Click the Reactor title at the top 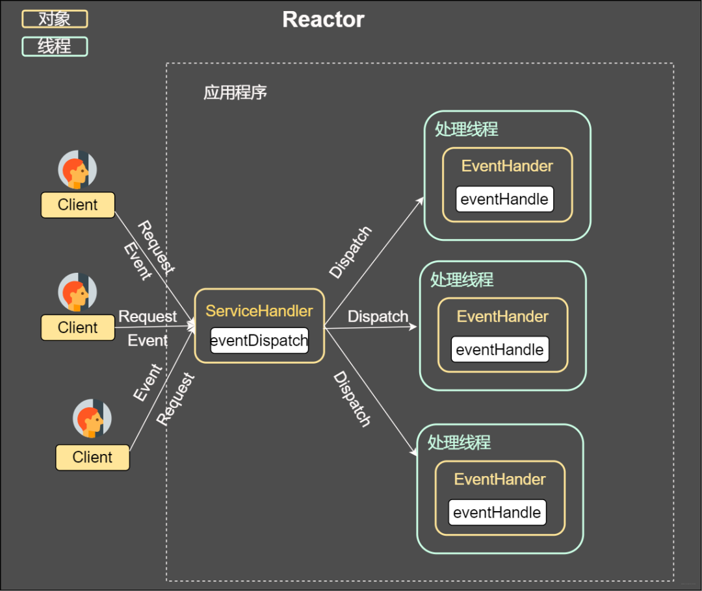[323, 19]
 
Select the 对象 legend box [55, 19]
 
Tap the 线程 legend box [55, 46]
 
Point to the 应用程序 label [235, 92]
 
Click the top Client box [78, 205]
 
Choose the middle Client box [78, 327]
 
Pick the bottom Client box [92, 457]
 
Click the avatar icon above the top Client [77, 170]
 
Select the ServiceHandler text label [259, 310]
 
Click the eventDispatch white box [259, 340]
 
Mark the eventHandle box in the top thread [504, 199]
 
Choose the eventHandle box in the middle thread [500, 349]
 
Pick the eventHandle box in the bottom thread [497, 512]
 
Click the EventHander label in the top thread [507, 166]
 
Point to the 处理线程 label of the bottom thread [459, 442]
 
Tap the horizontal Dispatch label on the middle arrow [378, 316]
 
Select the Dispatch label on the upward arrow [351, 252]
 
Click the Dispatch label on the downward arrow [352, 399]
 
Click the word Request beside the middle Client [148, 316]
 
